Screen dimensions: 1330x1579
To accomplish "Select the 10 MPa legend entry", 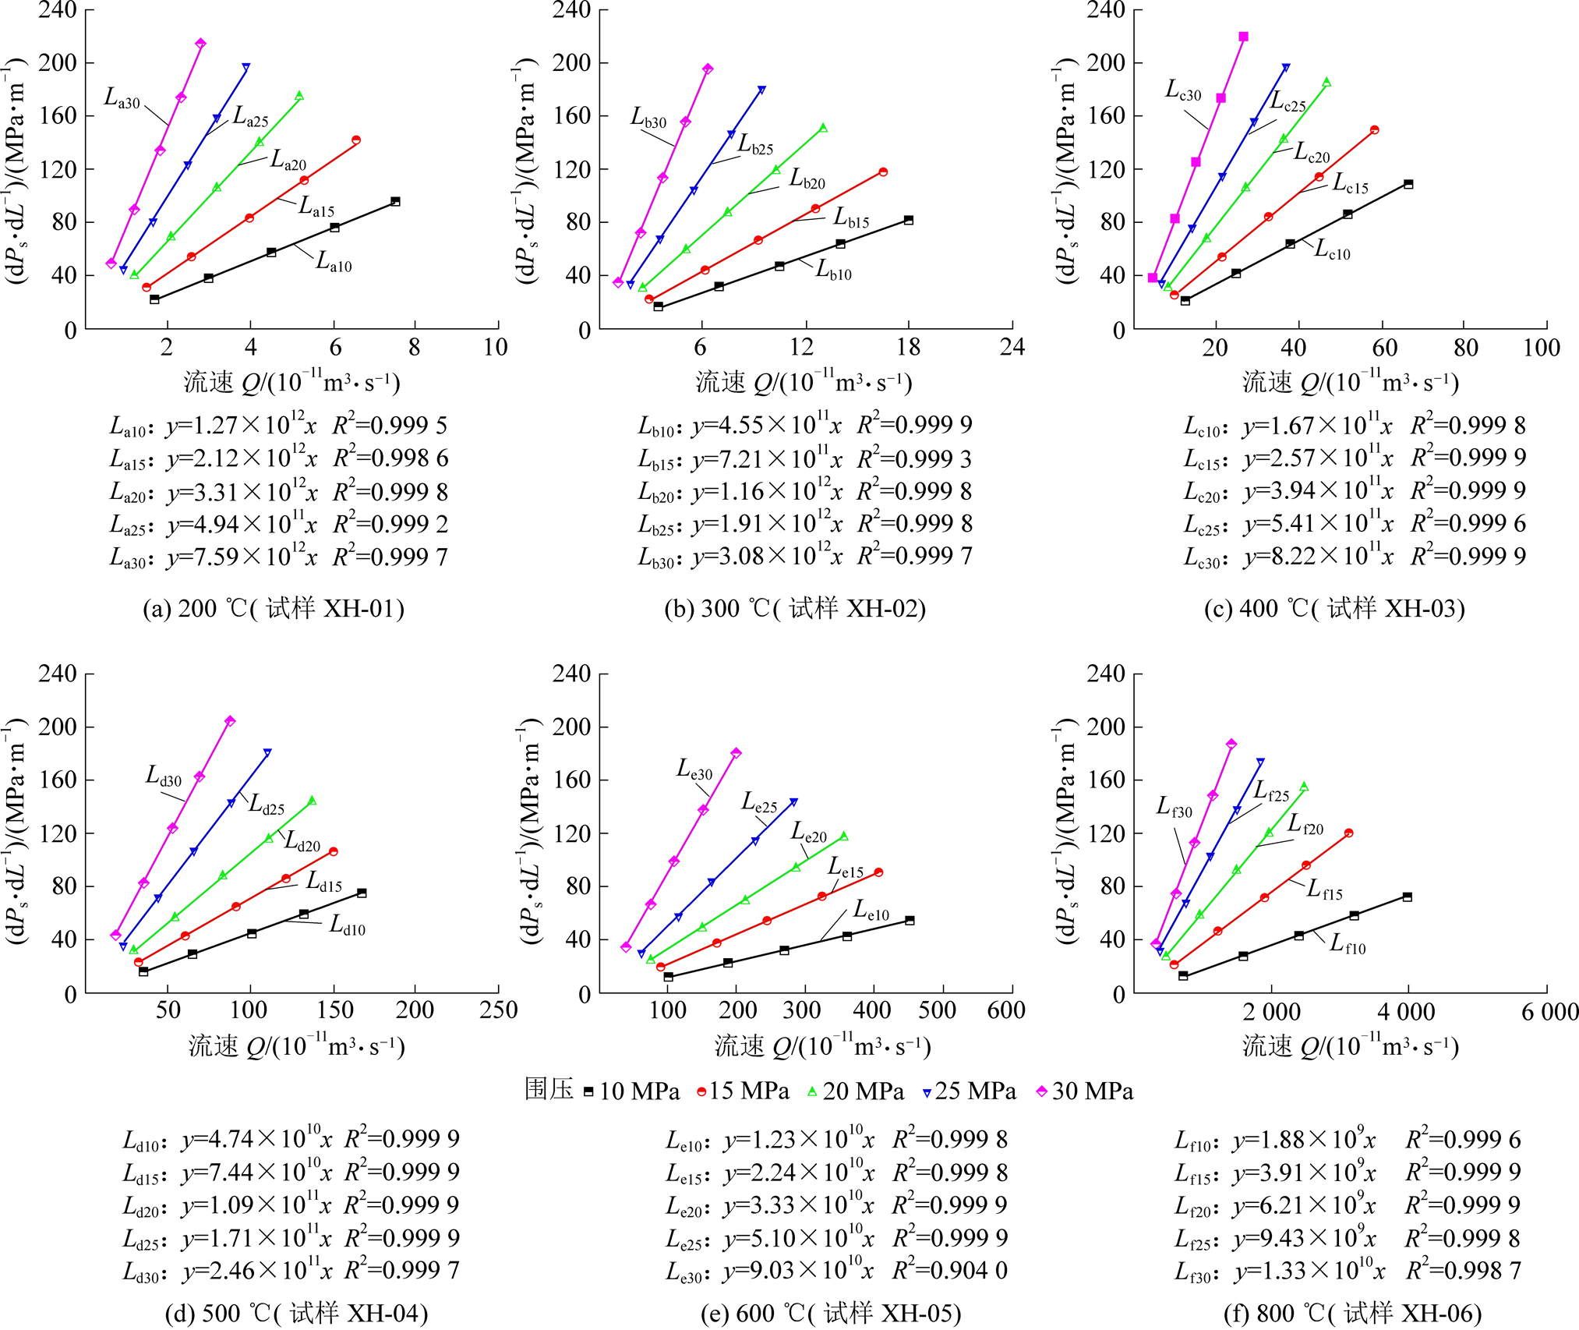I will click(x=631, y=1091).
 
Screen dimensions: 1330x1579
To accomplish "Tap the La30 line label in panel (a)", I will click(x=122, y=99).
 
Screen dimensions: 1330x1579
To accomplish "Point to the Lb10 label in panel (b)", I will click(x=833, y=271).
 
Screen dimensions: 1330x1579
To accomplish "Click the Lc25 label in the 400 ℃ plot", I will click(x=1288, y=102).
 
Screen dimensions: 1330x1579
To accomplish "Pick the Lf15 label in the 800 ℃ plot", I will click(x=1324, y=890).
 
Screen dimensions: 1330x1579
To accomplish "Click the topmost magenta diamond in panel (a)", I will click(x=200, y=44).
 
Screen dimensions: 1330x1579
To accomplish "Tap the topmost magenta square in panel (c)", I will click(x=1243, y=37).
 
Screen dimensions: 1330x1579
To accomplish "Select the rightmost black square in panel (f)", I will click(x=1407, y=897).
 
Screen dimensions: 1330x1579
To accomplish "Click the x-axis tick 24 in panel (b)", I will click(x=1012, y=347).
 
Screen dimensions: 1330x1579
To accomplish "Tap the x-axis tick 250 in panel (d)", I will click(x=498, y=1010).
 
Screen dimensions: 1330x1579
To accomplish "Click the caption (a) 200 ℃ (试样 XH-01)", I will click(x=274, y=608).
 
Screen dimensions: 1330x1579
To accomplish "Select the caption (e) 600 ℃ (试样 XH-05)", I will click(x=831, y=1313).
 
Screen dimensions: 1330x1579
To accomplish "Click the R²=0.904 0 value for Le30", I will click(x=950, y=1271).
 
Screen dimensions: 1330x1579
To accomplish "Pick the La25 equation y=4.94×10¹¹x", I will click(x=242, y=525).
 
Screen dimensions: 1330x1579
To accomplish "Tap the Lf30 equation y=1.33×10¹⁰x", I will click(x=1309, y=1272).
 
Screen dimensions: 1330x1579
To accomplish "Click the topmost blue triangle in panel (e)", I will click(x=793, y=801).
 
